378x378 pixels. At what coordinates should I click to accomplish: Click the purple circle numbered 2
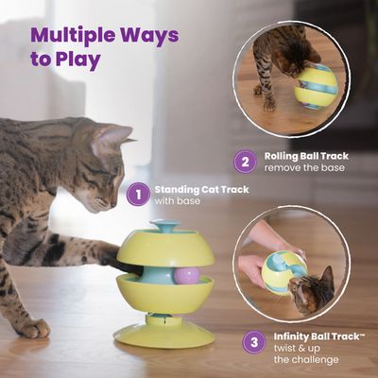(x=245, y=162)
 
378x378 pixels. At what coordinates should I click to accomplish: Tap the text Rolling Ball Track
(x=301, y=155)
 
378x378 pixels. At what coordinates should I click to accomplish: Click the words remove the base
(x=301, y=169)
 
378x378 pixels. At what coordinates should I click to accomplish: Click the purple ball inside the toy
(x=186, y=276)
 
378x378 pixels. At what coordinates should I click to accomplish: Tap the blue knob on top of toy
(x=166, y=227)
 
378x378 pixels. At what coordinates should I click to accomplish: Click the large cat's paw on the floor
(x=34, y=327)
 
